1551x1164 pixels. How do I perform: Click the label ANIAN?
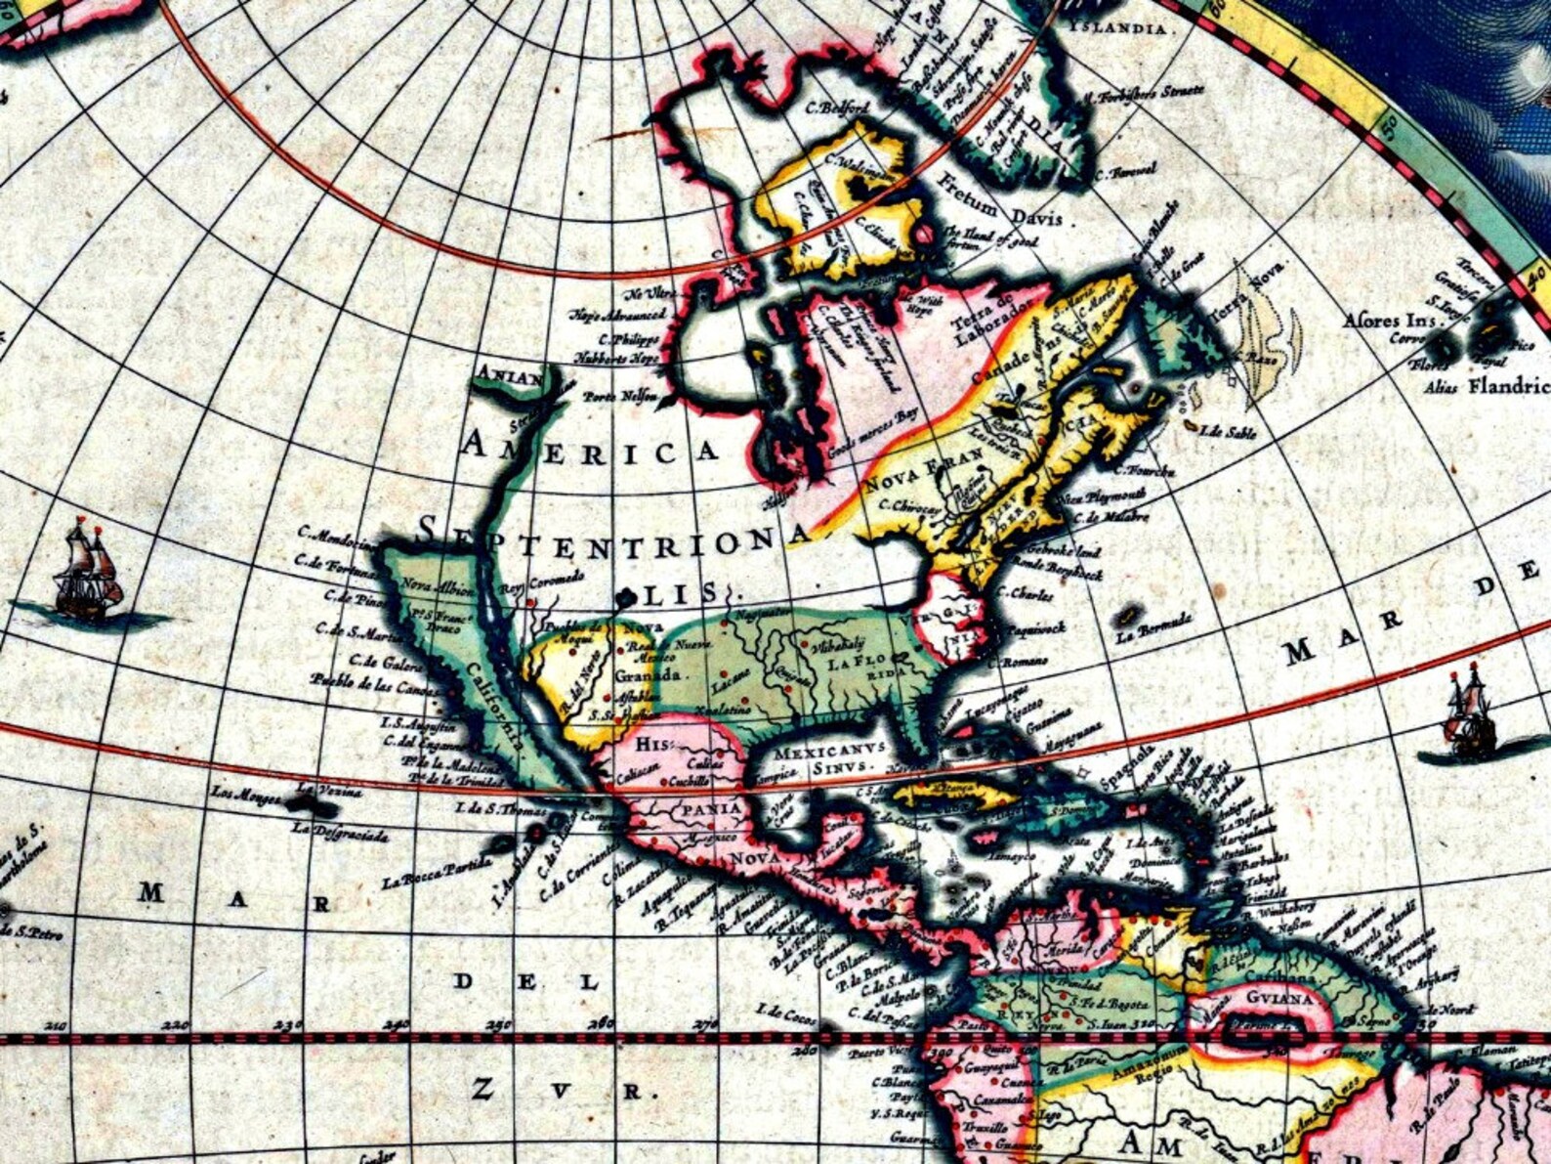click(510, 376)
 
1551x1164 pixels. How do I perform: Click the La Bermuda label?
click(1153, 624)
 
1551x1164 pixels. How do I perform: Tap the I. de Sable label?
click(1227, 431)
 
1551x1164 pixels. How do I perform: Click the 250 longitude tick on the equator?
click(499, 1025)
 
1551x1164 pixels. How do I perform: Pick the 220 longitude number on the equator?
click(175, 1025)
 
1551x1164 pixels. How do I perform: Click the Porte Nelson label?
click(615, 397)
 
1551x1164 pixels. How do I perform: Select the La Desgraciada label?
click(340, 834)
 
